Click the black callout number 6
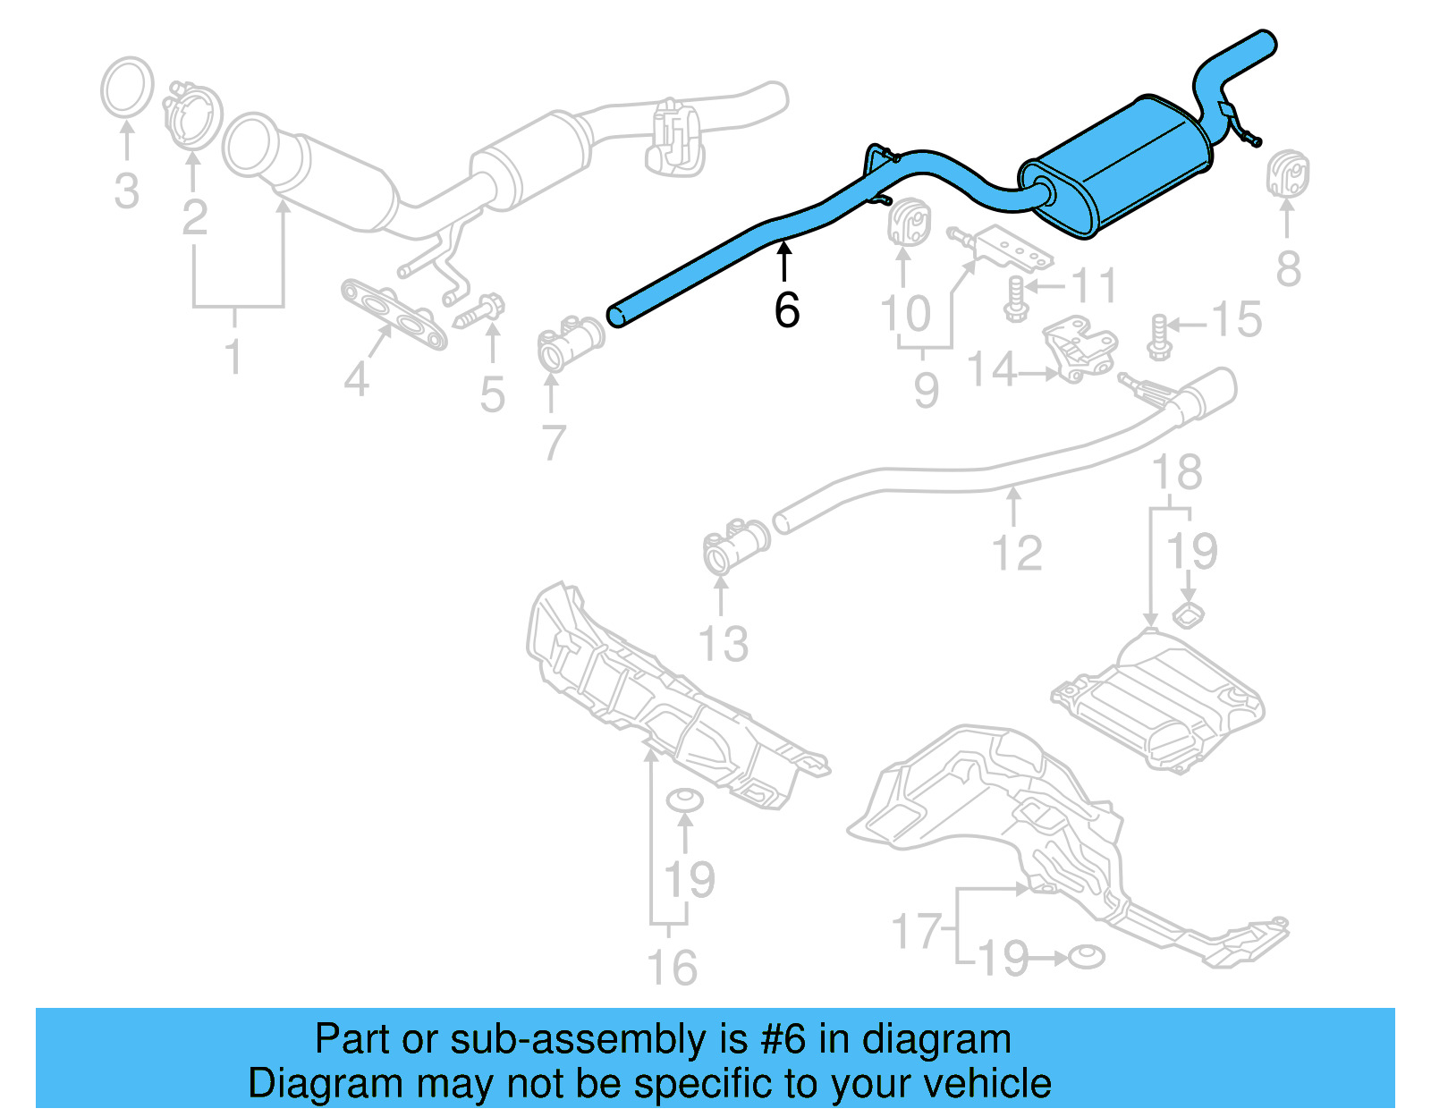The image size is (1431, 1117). pyautogui.click(x=786, y=310)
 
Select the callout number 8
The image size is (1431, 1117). pyautogui.click(x=1288, y=268)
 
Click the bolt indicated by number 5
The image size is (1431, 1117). pyautogui.click(x=483, y=310)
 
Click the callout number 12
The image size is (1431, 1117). pyautogui.click(x=1017, y=553)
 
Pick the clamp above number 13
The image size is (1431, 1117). pyautogui.click(x=735, y=545)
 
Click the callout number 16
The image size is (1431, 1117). pyautogui.click(x=672, y=968)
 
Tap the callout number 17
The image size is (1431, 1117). pyautogui.click(x=917, y=931)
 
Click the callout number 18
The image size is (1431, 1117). pyautogui.click(x=1177, y=472)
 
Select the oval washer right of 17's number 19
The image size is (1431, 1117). pyautogui.click(x=1085, y=957)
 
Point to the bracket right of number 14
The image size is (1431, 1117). pyautogui.click(x=1083, y=349)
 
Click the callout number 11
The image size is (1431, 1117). pyautogui.click(x=1094, y=286)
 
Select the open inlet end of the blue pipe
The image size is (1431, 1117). pyautogui.click(x=617, y=316)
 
